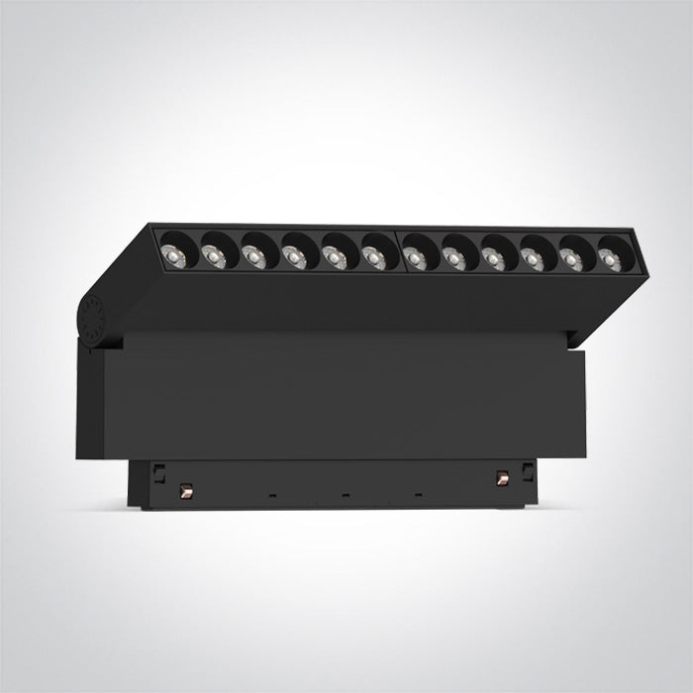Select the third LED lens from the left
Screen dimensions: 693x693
click(x=252, y=255)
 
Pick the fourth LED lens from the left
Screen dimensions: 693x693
click(x=293, y=257)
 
